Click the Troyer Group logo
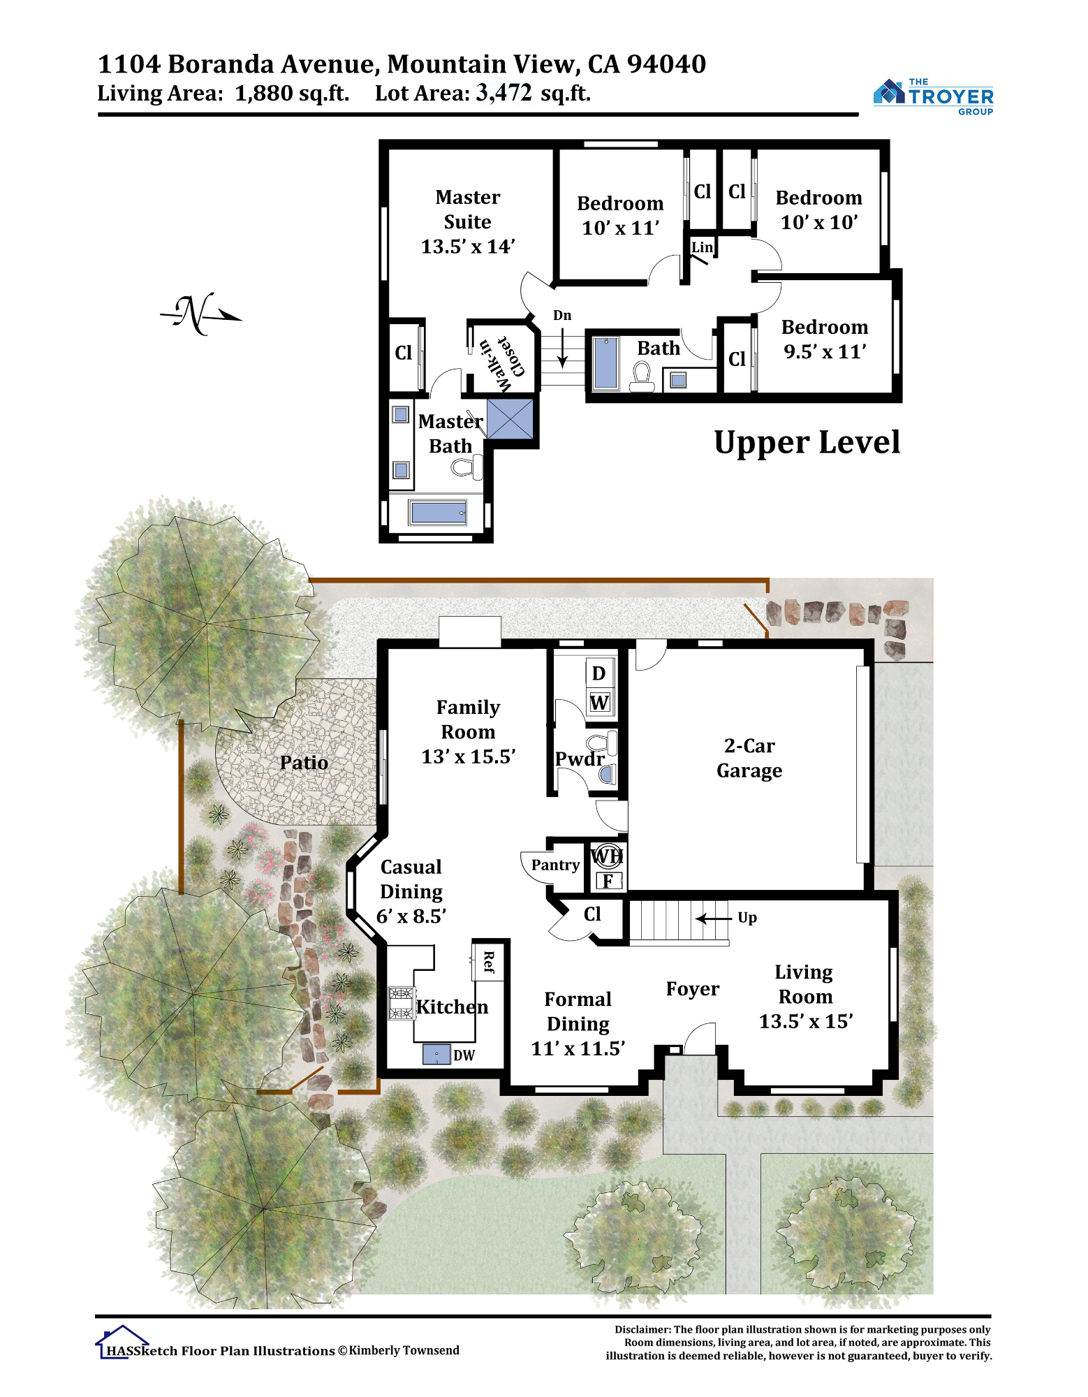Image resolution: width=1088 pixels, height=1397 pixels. (933, 96)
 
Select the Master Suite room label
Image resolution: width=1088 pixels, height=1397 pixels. (468, 221)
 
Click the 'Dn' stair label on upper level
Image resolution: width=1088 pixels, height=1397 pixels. (562, 315)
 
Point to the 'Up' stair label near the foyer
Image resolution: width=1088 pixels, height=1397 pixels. (747, 918)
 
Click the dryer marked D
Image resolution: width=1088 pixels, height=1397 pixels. (599, 673)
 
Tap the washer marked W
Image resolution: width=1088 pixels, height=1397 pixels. (599, 703)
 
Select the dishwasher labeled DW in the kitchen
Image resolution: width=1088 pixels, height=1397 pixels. (436, 1054)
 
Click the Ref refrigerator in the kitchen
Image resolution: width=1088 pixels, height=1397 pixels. (489, 961)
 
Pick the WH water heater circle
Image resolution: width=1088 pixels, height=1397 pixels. (607, 856)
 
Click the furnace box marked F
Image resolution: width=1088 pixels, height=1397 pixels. (608, 881)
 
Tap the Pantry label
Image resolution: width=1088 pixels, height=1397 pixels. (556, 865)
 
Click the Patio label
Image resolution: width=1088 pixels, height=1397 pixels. (304, 762)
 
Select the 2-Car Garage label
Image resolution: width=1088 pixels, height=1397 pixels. (749, 758)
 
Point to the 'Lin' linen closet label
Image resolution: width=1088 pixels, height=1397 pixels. (703, 247)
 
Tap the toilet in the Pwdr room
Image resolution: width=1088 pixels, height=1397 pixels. (602, 742)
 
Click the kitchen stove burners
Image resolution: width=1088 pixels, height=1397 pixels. (402, 1003)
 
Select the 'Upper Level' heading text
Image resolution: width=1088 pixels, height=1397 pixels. (807, 443)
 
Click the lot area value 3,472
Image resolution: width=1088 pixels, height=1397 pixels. (503, 92)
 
